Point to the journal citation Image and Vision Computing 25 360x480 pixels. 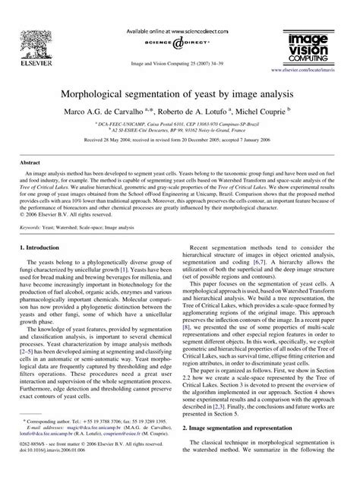[x=179, y=59]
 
